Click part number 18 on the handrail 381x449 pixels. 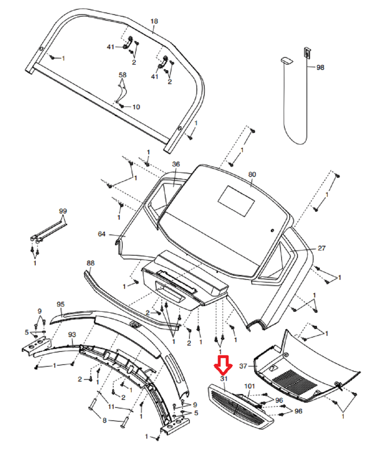(x=154, y=21)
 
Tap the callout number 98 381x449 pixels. (x=320, y=67)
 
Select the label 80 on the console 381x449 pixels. (x=252, y=175)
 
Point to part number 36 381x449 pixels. (x=176, y=164)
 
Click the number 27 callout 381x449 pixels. (x=322, y=248)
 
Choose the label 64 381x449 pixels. (x=101, y=234)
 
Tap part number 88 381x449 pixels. (x=90, y=263)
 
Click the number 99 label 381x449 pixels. (x=63, y=211)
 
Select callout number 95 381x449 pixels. (x=61, y=304)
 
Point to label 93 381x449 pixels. (x=72, y=335)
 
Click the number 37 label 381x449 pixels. (x=243, y=366)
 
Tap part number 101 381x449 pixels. (x=249, y=386)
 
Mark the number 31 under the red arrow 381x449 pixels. (x=224, y=379)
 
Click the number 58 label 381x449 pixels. (x=123, y=75)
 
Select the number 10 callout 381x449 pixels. (x=136, y=107)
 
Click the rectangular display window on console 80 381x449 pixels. (x=236, y=201)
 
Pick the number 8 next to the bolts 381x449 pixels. (x=105, y=420)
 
